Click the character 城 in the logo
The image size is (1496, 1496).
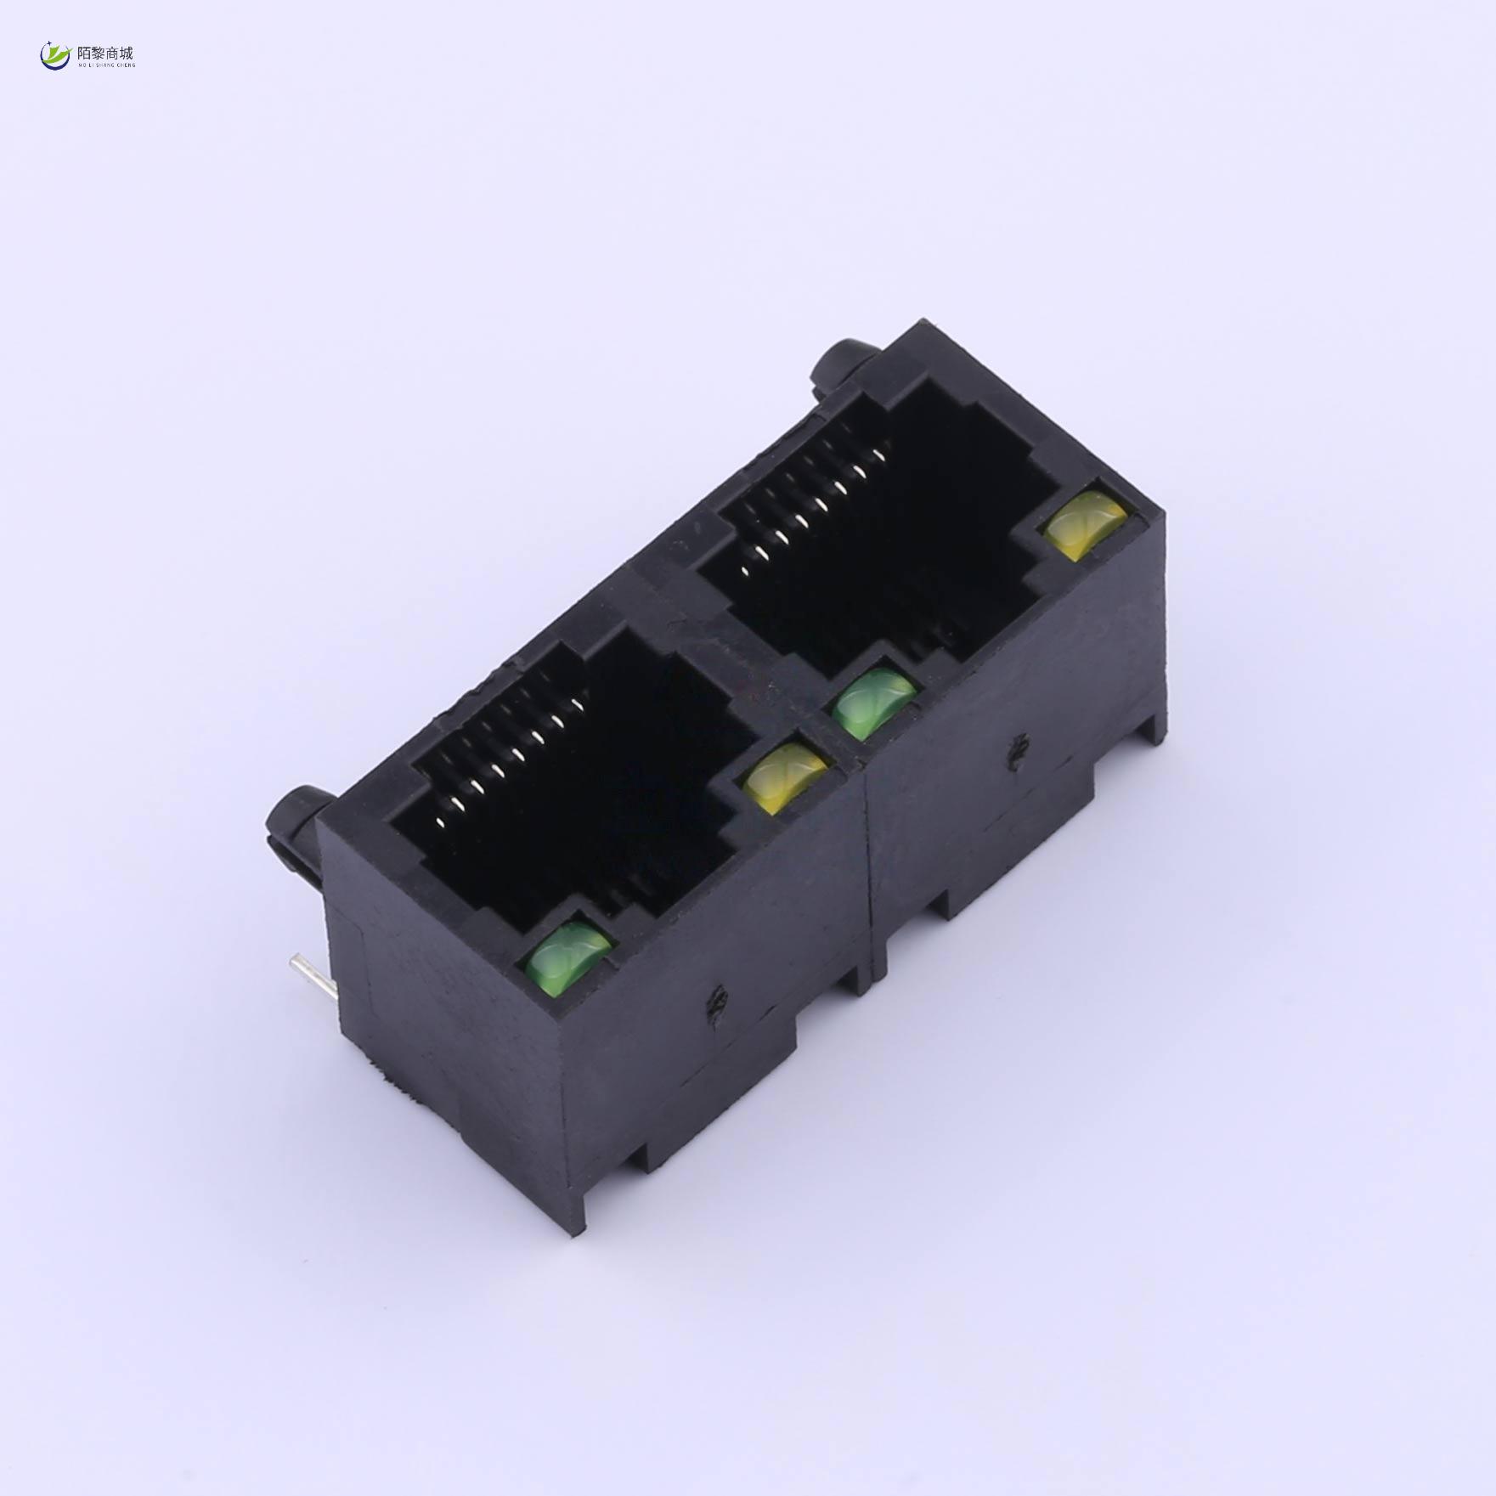(x=127, y=53)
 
